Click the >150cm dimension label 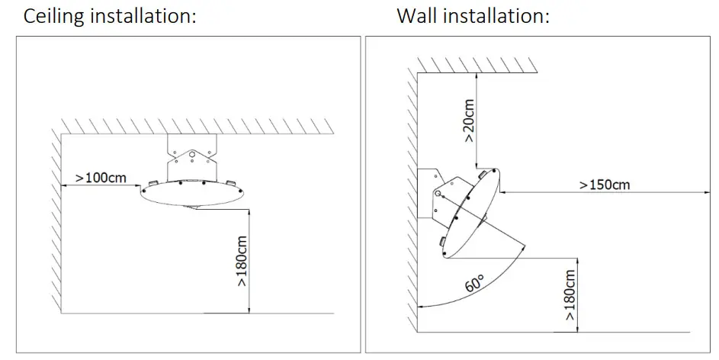(x=604, y=184)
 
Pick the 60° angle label (x=475, y=287)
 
